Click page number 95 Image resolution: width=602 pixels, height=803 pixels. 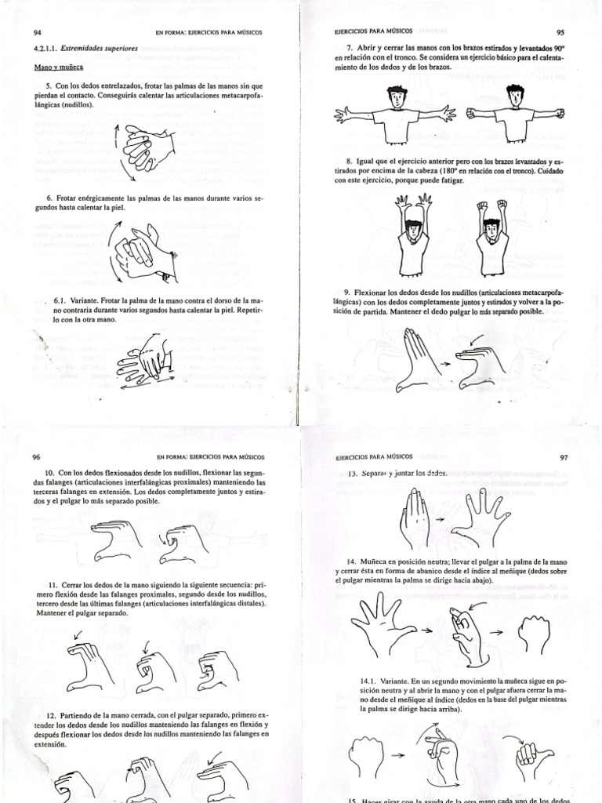(560, 33)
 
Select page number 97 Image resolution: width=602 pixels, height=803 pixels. (564, 457)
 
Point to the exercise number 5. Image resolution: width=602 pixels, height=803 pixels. (49, 85)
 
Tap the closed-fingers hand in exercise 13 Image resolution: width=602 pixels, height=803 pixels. (415, 518)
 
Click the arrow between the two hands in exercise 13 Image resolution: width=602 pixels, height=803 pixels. (441, 519)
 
